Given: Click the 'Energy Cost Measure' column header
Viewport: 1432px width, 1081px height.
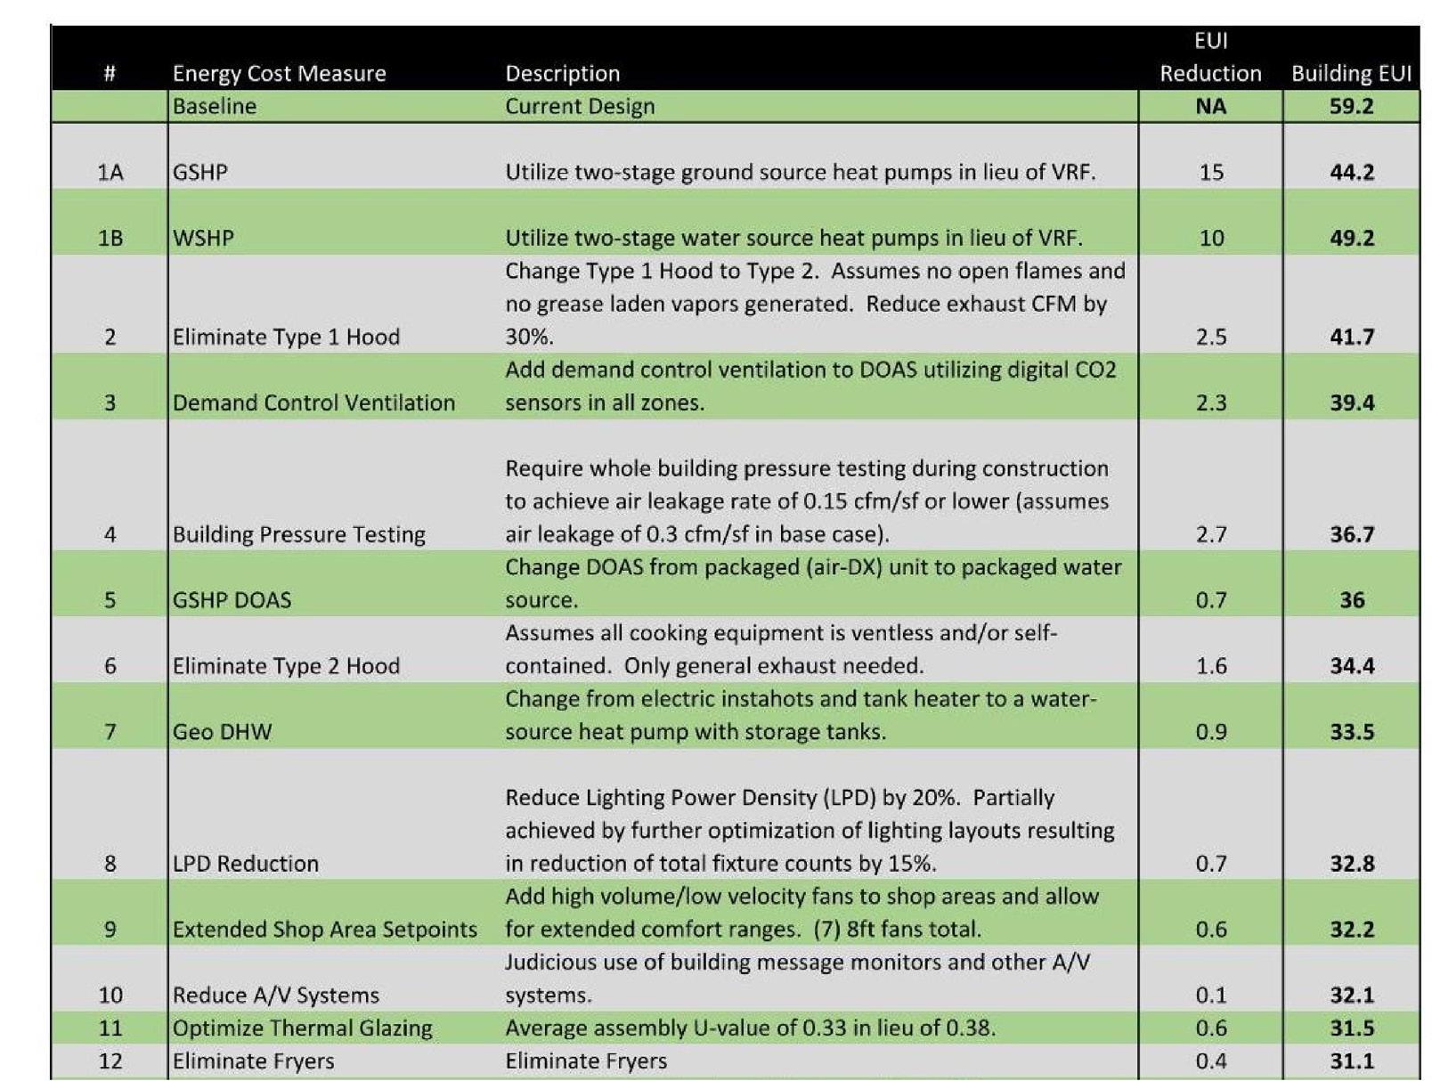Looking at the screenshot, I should (279, 73).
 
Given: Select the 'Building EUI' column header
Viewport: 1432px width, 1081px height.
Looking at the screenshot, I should (1351, 73).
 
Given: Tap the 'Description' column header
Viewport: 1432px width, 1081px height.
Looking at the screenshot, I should (562, 73).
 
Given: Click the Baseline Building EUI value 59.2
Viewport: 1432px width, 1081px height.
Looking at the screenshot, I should (1351, 106).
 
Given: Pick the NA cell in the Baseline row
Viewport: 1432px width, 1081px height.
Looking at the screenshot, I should (1210, 106).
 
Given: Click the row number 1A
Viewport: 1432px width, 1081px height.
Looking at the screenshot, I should (110, 172).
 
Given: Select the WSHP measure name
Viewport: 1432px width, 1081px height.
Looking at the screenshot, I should (203, 238).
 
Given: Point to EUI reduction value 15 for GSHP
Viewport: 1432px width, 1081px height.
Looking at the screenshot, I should (1210, 172).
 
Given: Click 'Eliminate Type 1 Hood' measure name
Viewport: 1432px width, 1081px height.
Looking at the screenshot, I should (286, 337).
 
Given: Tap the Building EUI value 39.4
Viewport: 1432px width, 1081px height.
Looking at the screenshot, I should (1351, 402).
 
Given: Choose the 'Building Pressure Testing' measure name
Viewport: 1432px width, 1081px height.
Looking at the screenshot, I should (298, 534).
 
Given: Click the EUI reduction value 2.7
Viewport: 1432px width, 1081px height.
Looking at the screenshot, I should (1210, 534).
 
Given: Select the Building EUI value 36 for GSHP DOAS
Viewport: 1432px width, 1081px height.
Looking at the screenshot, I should (1351, 600).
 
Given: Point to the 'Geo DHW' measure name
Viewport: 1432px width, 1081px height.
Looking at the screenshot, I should (222, 732).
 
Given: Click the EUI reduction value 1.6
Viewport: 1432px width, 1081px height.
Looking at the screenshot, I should (1210, 666).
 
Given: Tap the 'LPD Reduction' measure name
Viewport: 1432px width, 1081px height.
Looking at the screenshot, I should (245, 864).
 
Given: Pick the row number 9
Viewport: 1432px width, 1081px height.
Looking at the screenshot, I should (110, 930).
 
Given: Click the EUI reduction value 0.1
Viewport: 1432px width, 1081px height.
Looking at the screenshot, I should (1210, 995).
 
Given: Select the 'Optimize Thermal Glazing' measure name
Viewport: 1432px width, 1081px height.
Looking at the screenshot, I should (302, 1028).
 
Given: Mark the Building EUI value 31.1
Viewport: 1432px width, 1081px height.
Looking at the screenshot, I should (1351, 1061).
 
